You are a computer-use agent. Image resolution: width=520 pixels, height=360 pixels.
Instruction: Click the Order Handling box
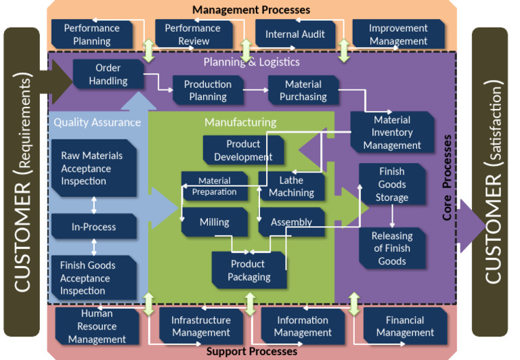tap(108, 74)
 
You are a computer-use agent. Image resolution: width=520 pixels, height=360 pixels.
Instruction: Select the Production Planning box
tap(207, 90)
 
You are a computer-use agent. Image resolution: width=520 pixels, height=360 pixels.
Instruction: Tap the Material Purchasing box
tap(303, 90)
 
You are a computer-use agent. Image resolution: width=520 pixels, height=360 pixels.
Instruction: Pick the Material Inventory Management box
tap(391, 132)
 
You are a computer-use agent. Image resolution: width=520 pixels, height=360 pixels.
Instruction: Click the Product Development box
tap(242, 150)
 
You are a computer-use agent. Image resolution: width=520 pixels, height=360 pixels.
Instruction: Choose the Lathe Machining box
tap(291, 186)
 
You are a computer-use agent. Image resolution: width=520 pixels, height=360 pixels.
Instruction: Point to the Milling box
tap(214, 222)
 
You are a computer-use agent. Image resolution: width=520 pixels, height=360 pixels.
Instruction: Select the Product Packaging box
tap(249, 270)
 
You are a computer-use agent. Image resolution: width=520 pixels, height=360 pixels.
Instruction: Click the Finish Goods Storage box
tap(391, 184)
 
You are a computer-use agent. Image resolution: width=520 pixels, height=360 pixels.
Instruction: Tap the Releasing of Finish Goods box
tap(391, 248)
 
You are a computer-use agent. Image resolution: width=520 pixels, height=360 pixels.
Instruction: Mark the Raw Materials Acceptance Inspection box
tap(92, 168)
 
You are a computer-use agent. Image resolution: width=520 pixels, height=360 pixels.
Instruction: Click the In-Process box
tap(93, 227)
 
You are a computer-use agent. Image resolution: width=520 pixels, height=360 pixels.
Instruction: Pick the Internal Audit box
tap(295, 34)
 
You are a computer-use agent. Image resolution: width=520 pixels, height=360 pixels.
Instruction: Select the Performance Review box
tap(192, 34)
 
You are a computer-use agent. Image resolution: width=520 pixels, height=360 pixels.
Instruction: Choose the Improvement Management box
tap(398, 34)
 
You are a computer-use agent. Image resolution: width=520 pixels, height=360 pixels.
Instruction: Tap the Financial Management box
tap(405, 326)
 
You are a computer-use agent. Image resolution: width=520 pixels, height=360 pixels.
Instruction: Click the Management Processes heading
tap(251, 9)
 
